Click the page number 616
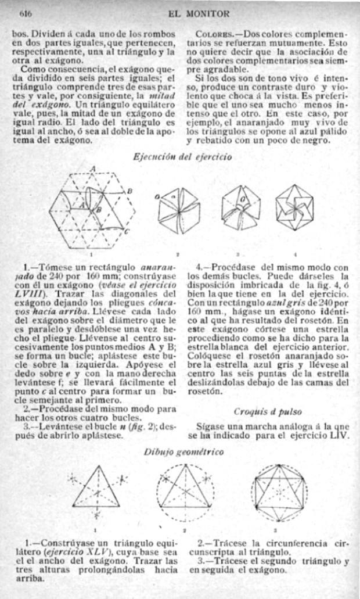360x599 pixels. pos(25,12)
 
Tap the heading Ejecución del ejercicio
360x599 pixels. pos(183,156)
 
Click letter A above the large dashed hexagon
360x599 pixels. pos(92,168)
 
